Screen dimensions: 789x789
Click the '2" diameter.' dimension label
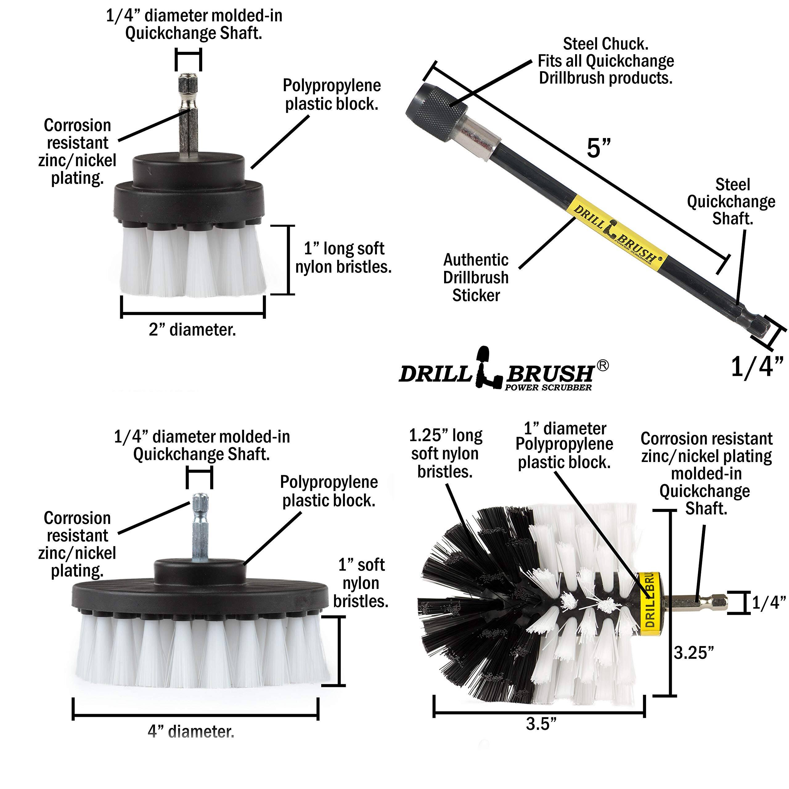tap(192, 329)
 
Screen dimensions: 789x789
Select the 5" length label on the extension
tap(599, 148)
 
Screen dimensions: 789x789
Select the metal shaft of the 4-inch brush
tap(201, 531)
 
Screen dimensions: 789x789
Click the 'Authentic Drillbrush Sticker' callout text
tap(476, 277)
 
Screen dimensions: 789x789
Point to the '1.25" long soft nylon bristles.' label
tap(446, 453)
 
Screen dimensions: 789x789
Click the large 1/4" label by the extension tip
tap(757, 366)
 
